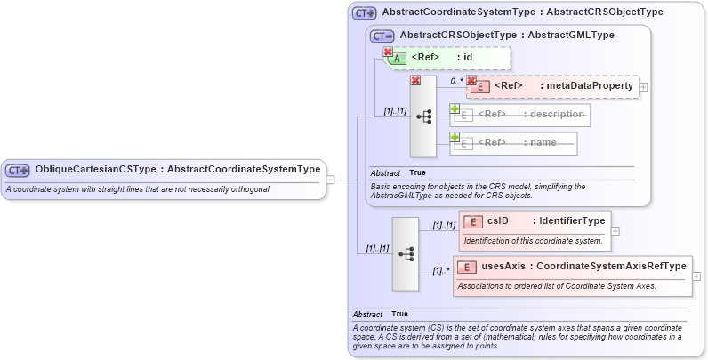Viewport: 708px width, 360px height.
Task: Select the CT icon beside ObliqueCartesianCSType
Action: [18, 170]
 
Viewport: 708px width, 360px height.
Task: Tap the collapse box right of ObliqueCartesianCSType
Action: [330, 179]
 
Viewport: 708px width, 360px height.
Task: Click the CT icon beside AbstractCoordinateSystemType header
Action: [364, 13]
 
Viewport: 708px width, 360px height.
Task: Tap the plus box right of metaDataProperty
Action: [643, 87]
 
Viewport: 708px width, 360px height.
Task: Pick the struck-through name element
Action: [543, 142]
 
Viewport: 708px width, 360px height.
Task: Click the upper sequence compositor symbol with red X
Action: [423, 116]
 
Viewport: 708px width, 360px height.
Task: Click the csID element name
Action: [498, 221]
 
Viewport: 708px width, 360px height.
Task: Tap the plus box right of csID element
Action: [615, 231]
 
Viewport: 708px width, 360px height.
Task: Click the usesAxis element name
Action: [503, 267]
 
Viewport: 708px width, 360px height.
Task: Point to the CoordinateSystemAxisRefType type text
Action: [612, 267]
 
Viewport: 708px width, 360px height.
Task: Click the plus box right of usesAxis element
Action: [696, 276]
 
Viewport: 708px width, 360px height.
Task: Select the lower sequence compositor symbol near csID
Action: [406, 253]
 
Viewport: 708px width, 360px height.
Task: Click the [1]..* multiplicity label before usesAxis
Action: [440, 269]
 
